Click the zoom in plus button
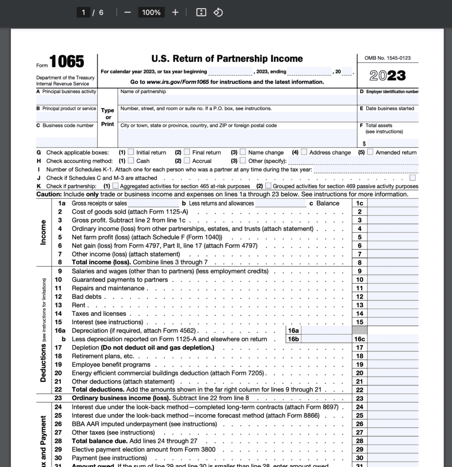[x=175, y=12]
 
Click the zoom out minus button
[x=127, y=12]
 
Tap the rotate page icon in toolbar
[x=218, y=12]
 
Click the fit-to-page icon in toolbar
[x=201, y=12]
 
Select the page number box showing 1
[x=83, y=12]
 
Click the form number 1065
[x=67, y=62]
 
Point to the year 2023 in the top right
[x=387, y=75]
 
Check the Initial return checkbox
[x=131, y=152]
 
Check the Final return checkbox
[x=187, y=152]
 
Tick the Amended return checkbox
[x=370, y=152]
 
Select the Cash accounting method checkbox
[x=131, y=161]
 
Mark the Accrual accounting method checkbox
[x=187, y=161]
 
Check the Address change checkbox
[x=304, y=152]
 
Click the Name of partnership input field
[x=237, y=99]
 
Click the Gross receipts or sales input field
[x=153, y=203]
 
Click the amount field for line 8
[x=393, y=263]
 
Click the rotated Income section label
[x=43, y=233]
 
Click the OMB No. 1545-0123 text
[x=387, y=58]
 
